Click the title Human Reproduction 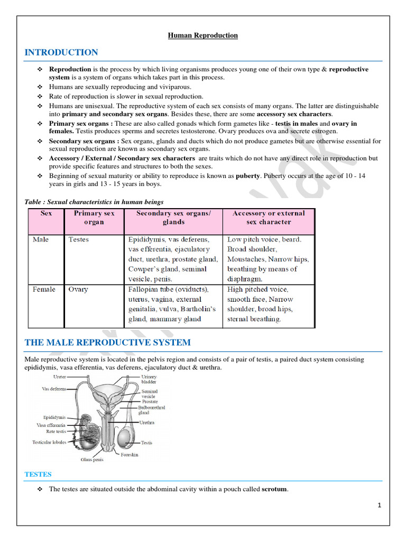pyautogui.click(x=203, y=35)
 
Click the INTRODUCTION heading pyautogui.click(x=61, y=52)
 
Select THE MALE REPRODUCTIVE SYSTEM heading pyautogui.click(x=108, y=342)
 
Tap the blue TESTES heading pyautogui.click(x=38, y=474)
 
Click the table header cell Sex pyautogui.click(x=47, y=213)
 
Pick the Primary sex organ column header pyautogui.click(x=94, y=218)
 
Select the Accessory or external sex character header pyautogui.click(x=269, y=218)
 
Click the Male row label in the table pyautogui.click(x=41, y=239)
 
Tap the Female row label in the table pyautogui.click(x=44, y=290)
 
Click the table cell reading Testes pyautogui.click(x=79, y=239)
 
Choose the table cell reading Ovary pyautogui.click(x=78, y=290)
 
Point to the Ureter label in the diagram pyautogui.click(x=60, y=377)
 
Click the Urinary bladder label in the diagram pyautogui.click(x=149, y=379)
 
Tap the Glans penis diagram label pyautogui.click(x=92, y=460)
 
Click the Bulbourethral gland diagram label pyautogui.click(x=152, y=411)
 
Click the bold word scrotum pyautogui.click(x=275, y=489)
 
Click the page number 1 pyautogui.click(x=380, y=505)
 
